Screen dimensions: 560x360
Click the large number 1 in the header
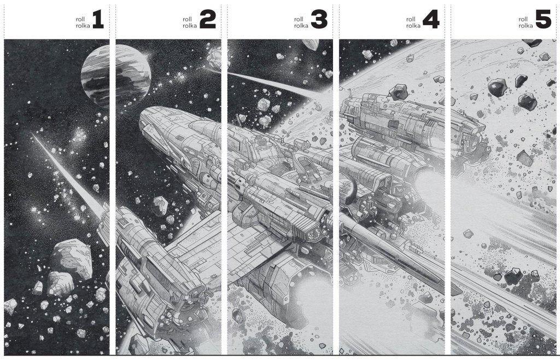click(98, 20)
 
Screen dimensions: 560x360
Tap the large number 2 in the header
click(207, 20)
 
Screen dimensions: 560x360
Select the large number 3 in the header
click(319, 20)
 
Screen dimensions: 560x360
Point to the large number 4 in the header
click(431, 20)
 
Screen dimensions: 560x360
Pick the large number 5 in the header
click(543, 20)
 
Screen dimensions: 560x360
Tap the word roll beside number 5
click(523, 19)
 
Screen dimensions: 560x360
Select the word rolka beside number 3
click(301, 26)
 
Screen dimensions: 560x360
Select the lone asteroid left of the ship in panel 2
click(160, 206)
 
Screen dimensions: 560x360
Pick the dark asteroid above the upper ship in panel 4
click(399, 92)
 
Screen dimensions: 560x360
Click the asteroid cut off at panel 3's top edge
click(310, 44)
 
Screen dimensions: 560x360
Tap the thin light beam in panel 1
click(68, 176)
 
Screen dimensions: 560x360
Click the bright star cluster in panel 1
click(79, 136)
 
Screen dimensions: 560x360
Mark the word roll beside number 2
click(187, 19)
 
